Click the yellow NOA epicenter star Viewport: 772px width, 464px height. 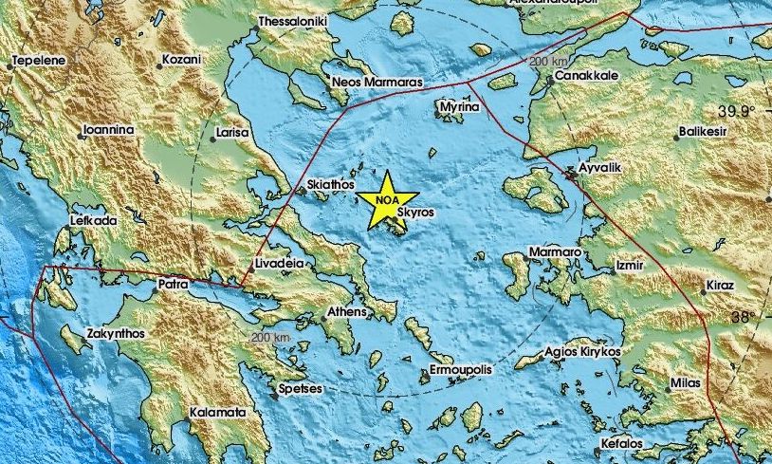[x=387, y=200]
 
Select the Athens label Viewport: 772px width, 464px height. [x=346, y=311]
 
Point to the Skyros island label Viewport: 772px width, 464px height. [x=415, y=213]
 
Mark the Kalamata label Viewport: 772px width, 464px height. [x=218, y=413]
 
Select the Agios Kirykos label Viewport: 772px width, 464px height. [x=582, y=351]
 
